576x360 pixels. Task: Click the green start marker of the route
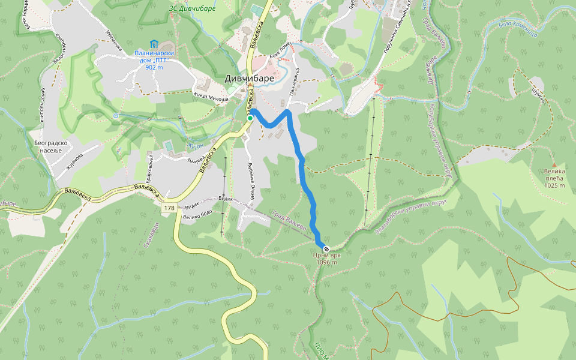pos(250,118)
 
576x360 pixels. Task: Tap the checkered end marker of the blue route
pos(326,248)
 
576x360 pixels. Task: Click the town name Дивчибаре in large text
pos(250,78)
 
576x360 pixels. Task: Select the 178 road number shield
pos(169,207)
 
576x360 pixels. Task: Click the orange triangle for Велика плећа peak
pos(554,164)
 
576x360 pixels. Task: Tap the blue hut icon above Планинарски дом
pos(154,44)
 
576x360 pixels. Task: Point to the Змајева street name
pos(197,159)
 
